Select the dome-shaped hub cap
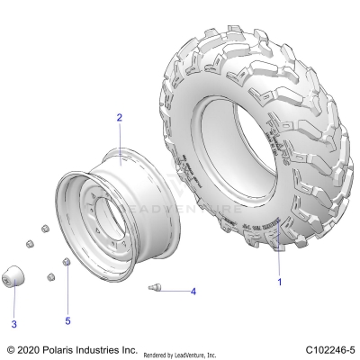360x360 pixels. point(15,276)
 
